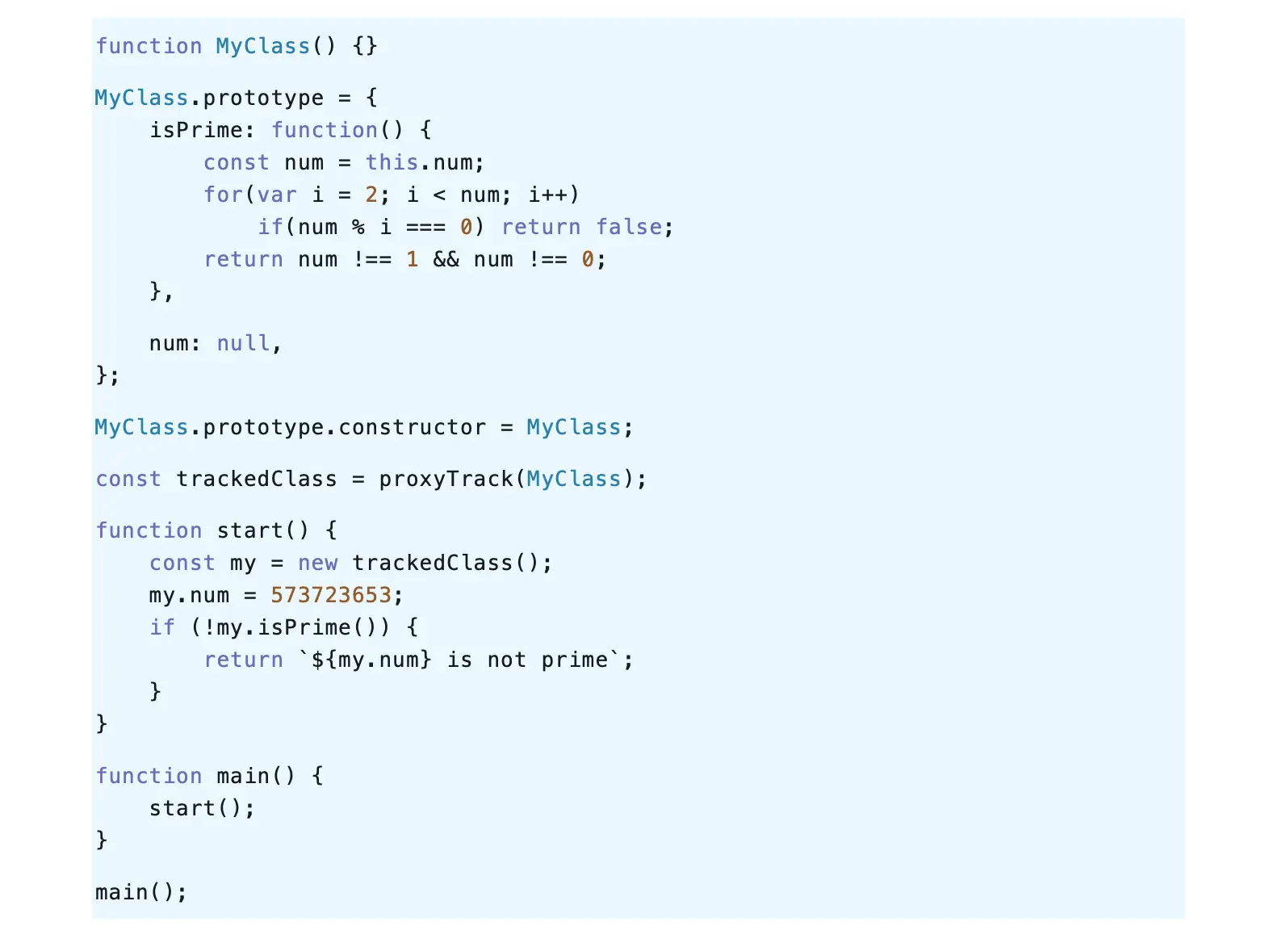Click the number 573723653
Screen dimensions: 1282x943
[331, 595]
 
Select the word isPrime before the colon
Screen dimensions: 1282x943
[196, 130]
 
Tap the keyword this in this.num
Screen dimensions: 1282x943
[392, 162]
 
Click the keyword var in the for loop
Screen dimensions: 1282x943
[277, 195]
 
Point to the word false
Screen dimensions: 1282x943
[629, 227]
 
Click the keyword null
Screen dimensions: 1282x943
[243, 343]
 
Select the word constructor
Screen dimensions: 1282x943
[412, 427]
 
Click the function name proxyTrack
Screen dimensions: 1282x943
[446, 479]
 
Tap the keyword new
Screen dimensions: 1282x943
[317, 563]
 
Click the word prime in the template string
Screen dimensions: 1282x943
[574, 660]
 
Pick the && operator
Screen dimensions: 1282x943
[446, 259]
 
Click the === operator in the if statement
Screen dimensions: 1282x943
[425, 227]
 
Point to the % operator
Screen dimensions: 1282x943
[358, 227]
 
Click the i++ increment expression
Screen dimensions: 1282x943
[547, 195]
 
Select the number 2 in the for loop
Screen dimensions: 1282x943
[371, 195]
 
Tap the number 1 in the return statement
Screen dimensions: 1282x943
[412, 259]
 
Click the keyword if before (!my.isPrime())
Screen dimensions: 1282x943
[162, 627]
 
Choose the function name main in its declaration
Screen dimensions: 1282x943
[243, 776]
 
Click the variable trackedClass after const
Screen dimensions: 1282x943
[257, 479]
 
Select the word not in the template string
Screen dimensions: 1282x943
[506, 660]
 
